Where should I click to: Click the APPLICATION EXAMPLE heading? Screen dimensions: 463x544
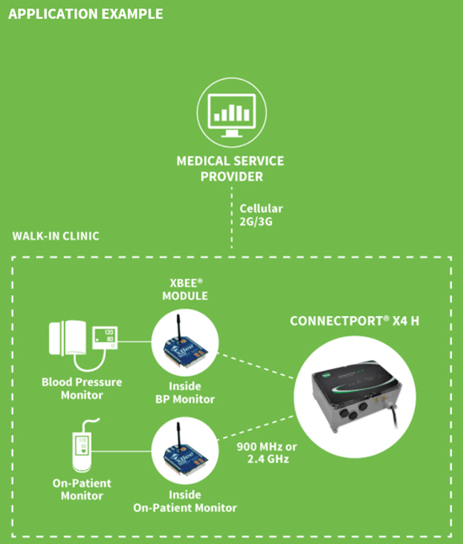(86, 14)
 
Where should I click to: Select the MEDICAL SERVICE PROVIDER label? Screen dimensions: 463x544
(231, 169)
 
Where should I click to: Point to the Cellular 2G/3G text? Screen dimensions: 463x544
(261, 214)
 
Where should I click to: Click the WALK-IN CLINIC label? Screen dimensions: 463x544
(56, 236)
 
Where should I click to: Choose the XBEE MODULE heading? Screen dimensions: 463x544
(185, 289)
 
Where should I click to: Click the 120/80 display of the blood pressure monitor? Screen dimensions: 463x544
(105, 337)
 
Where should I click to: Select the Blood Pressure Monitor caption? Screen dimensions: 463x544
(82, 388)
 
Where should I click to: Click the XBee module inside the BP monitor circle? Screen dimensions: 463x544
(185, 344)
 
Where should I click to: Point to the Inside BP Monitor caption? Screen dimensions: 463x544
(185, 393)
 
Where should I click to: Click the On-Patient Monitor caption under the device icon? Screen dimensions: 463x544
(82, 489)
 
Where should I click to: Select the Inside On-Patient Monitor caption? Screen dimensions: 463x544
(185, 501)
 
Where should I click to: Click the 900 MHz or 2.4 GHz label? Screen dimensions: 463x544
(267, 452)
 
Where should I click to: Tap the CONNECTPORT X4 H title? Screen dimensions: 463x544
(354, 321)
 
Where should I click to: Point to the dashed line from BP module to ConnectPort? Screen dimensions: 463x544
(256, 366)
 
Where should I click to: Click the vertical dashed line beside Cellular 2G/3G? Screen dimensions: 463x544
(231, 218)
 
